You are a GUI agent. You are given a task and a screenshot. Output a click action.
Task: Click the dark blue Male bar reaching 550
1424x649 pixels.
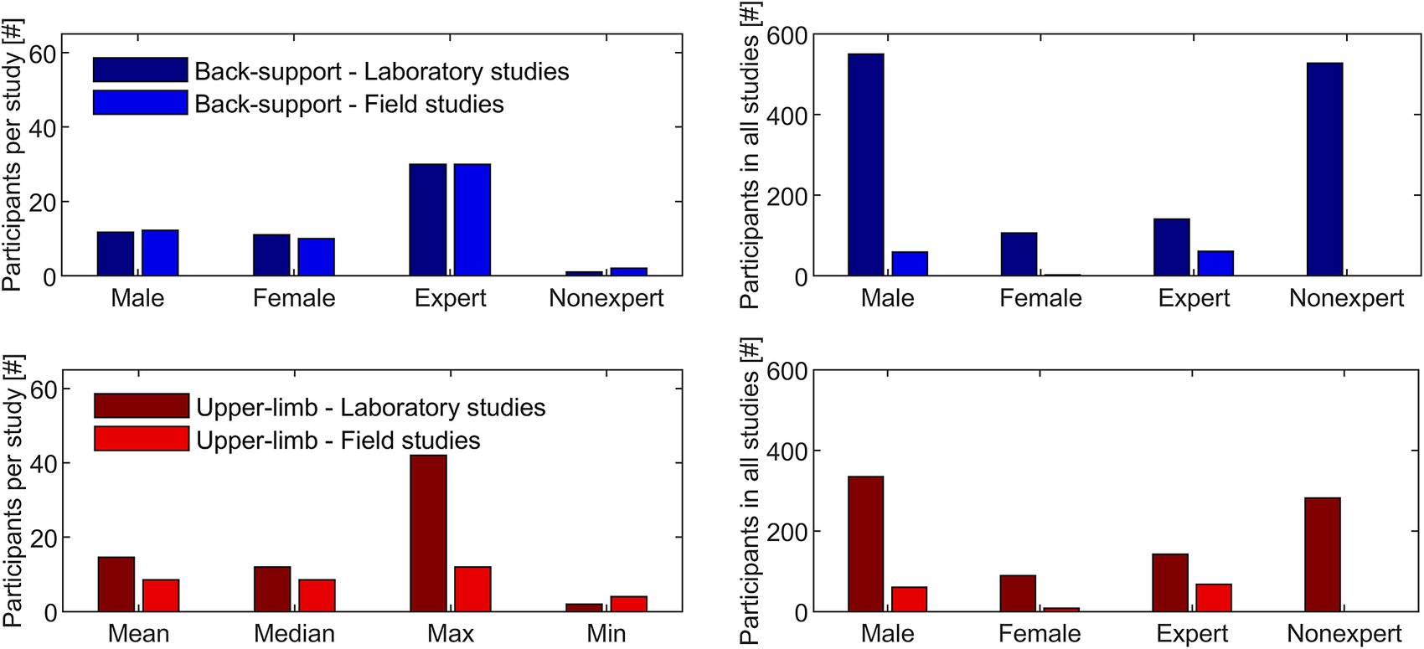(x=865, y=165)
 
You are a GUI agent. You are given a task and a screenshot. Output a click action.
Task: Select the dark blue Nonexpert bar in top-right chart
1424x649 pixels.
(x=1324, y=169)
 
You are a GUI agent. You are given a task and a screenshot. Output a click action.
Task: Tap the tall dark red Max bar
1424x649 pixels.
(x=428, y=533)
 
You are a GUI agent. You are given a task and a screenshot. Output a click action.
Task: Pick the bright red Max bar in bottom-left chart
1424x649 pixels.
(x=472, y=589)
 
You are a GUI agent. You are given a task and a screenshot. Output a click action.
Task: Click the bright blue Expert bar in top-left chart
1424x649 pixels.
(x=472, y=219)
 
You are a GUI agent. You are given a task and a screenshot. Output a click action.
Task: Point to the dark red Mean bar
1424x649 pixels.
(x=116, y=584)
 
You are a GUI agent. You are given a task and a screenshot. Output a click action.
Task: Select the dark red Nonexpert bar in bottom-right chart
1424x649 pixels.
(x=1323, y=554)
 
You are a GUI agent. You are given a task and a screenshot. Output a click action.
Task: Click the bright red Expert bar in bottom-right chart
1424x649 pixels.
(x=1214, y=598)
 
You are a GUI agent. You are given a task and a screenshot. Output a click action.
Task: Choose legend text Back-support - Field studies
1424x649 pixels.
(x=349, y=104)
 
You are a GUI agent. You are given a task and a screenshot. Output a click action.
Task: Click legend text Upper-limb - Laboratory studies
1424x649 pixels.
(x=370, y=408)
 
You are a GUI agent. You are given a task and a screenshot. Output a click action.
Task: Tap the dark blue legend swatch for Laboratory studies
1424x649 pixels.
(x=140, y=70)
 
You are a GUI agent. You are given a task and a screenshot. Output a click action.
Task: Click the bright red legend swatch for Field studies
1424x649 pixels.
(x=141, y=439)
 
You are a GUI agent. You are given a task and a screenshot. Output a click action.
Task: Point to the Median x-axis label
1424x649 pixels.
(x=294, y=634)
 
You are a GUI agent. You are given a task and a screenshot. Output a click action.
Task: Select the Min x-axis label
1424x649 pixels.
(x=606, y=634)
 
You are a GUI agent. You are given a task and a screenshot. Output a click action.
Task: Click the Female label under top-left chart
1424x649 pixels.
(x=294, y=298)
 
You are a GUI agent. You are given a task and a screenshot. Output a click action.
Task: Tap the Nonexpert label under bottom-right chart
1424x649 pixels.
(x=1344, y=634)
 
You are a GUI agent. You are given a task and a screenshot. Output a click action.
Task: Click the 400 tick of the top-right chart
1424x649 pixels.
(x=787, y=116)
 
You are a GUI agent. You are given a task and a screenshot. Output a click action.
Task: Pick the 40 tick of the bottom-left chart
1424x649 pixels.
(x=42, y=463)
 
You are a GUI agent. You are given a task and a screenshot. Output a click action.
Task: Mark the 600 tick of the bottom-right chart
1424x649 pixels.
(x=787, y=371)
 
